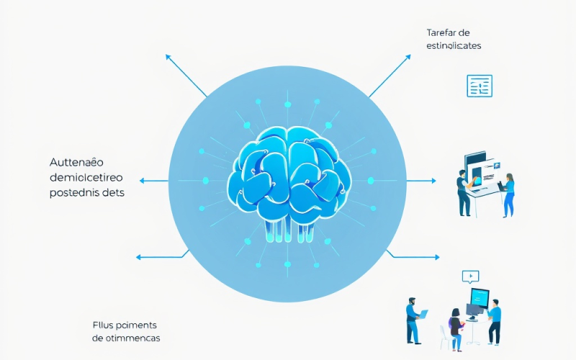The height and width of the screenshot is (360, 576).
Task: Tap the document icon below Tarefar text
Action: (x=479, y=86)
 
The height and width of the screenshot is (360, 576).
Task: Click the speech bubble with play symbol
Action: (x=470, y=276)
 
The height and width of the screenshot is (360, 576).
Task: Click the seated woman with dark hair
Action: (x=456, y=323)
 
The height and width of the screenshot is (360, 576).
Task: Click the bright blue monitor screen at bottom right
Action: (x=480, y=297)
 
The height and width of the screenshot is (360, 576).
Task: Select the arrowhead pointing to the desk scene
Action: (x=435, y=181)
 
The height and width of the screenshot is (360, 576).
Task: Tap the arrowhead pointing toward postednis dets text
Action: (x=143, y=181)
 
